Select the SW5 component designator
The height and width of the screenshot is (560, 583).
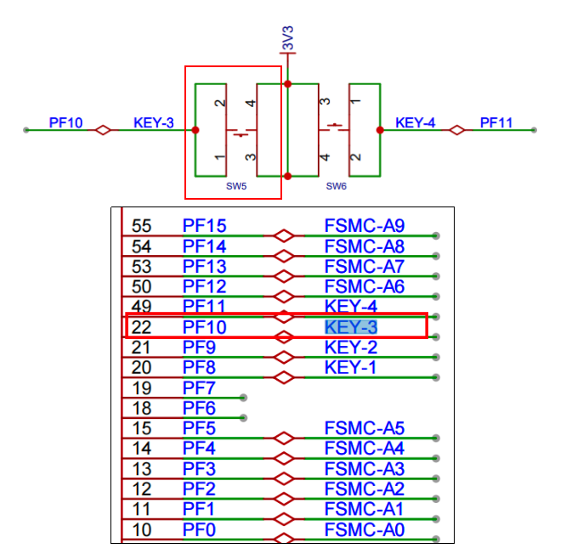coord(235,185)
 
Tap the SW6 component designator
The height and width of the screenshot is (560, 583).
coord(337,185)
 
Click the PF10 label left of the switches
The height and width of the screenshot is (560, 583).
coord(65,123)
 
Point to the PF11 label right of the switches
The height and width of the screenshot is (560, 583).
coord(496,123)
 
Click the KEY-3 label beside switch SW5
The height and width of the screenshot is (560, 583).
coord(153,123)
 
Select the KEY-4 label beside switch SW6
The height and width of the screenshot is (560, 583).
coord(416,123)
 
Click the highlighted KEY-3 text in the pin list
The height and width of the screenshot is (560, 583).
coord(351,326)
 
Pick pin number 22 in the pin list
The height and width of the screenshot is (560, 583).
coord(142,326)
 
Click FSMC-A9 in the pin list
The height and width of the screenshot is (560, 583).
coord(365,226)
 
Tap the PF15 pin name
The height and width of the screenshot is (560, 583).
coord(205,226)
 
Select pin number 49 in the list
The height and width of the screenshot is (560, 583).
coord(142,306)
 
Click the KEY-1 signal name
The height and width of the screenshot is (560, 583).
coord(350,367)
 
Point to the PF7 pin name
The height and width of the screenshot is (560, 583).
coord(200,387)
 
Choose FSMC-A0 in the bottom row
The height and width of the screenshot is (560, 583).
coord(365,530)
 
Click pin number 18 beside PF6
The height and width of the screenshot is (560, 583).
coord(142,408)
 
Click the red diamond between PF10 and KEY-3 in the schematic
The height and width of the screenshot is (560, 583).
coord(103,130)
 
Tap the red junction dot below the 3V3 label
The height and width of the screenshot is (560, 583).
coord(288,84)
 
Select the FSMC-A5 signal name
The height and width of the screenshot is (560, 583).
coord(365,428)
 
